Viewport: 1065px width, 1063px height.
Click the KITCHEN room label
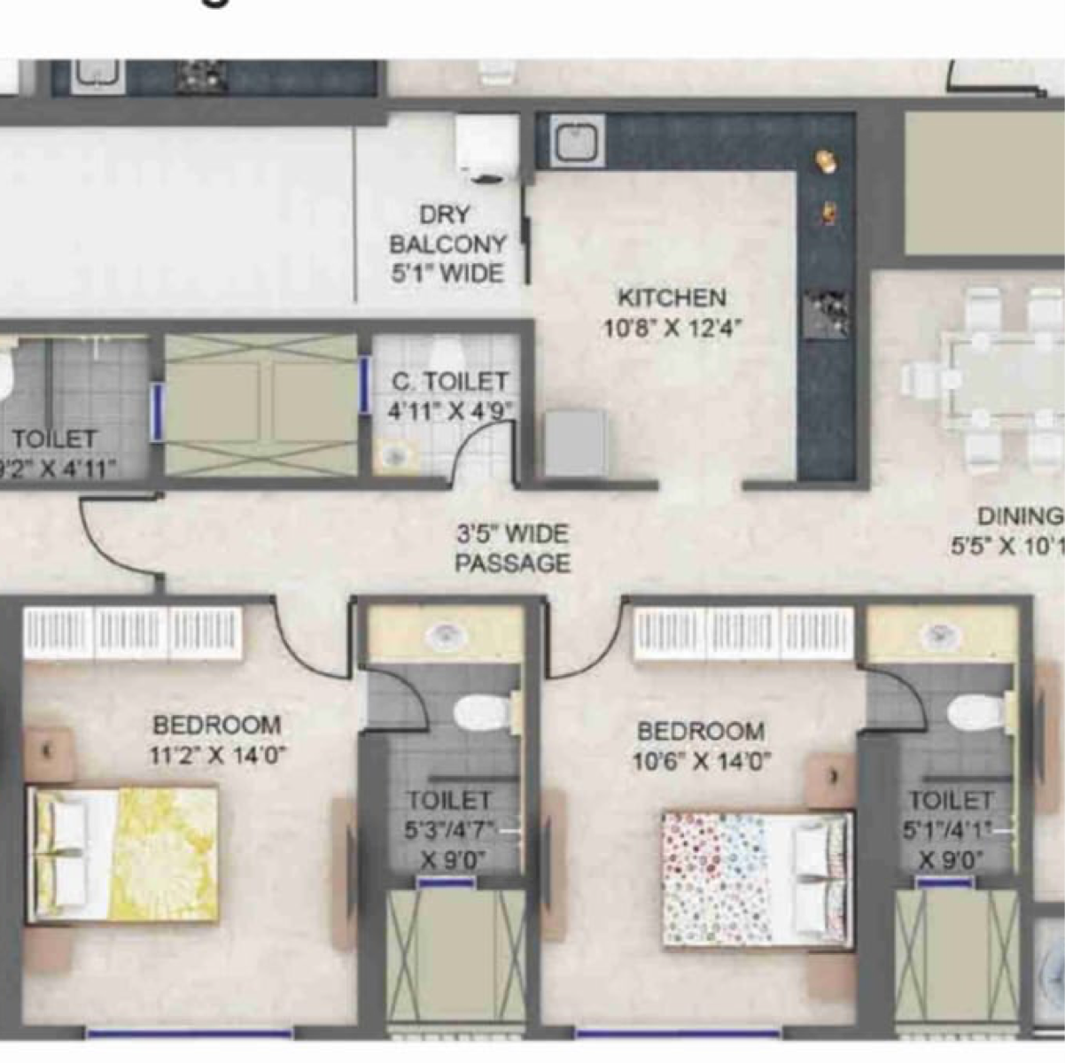coord(672,298)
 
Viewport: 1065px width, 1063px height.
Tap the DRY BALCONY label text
coord(447,229)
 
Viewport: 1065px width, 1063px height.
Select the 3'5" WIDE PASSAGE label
coord(512,548)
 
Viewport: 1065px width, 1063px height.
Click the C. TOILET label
coord(450,382)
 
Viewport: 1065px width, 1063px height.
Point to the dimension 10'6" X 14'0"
coord(701,761)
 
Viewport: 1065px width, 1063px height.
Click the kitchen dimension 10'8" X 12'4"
coord(672,329)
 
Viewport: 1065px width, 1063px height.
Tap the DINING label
coord(1019,516)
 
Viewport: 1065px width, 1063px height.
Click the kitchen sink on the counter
coord(577,141)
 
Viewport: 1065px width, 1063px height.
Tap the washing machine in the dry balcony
coord(486,148)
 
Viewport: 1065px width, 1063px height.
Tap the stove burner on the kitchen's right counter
coord(825,313)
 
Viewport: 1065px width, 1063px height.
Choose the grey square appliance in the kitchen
coord(575,443)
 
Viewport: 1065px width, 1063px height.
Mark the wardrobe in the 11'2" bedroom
coord(133,632)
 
